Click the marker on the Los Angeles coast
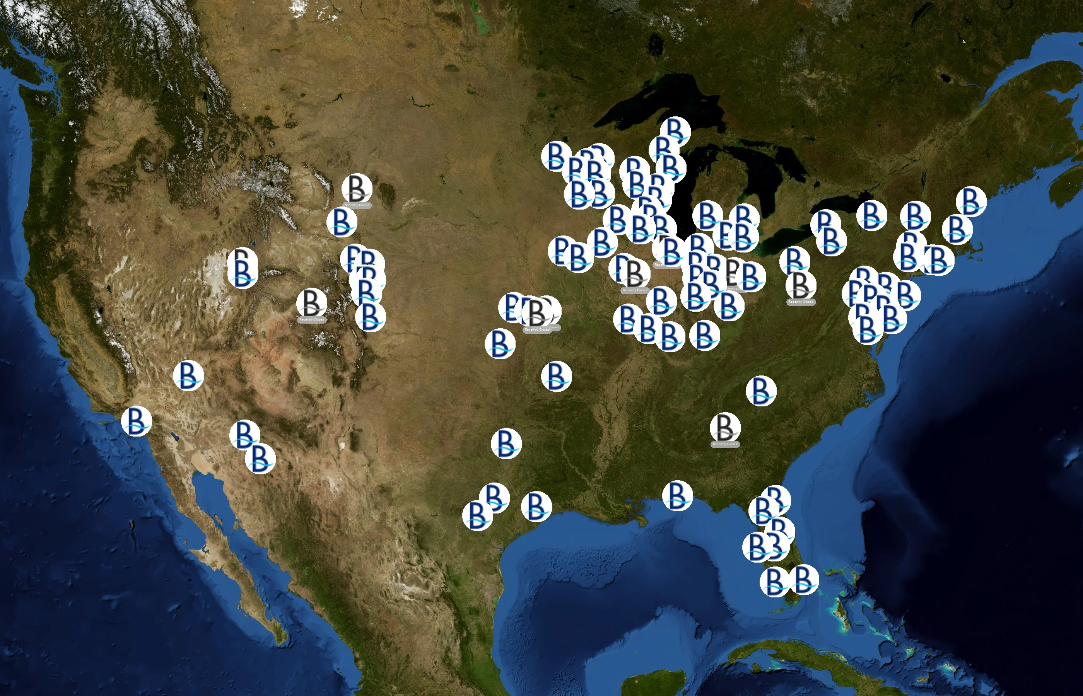point(136,421)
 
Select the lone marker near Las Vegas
point(188,375)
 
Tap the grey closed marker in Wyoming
point(357,188)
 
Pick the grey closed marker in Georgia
point(725,427)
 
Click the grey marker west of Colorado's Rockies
point(311,302)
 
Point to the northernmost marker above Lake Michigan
point(675,131)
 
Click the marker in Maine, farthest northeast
point(971,201)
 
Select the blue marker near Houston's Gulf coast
point(536,506)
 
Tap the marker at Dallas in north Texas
point(506,443)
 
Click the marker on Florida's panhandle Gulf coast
point(677,495)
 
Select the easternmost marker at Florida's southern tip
point(803,579)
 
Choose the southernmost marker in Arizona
point(260,458)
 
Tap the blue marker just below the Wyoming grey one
point(342,222)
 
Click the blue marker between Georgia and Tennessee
point(761,391)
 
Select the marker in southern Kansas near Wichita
point(500,343)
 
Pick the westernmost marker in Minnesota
point(556,156)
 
